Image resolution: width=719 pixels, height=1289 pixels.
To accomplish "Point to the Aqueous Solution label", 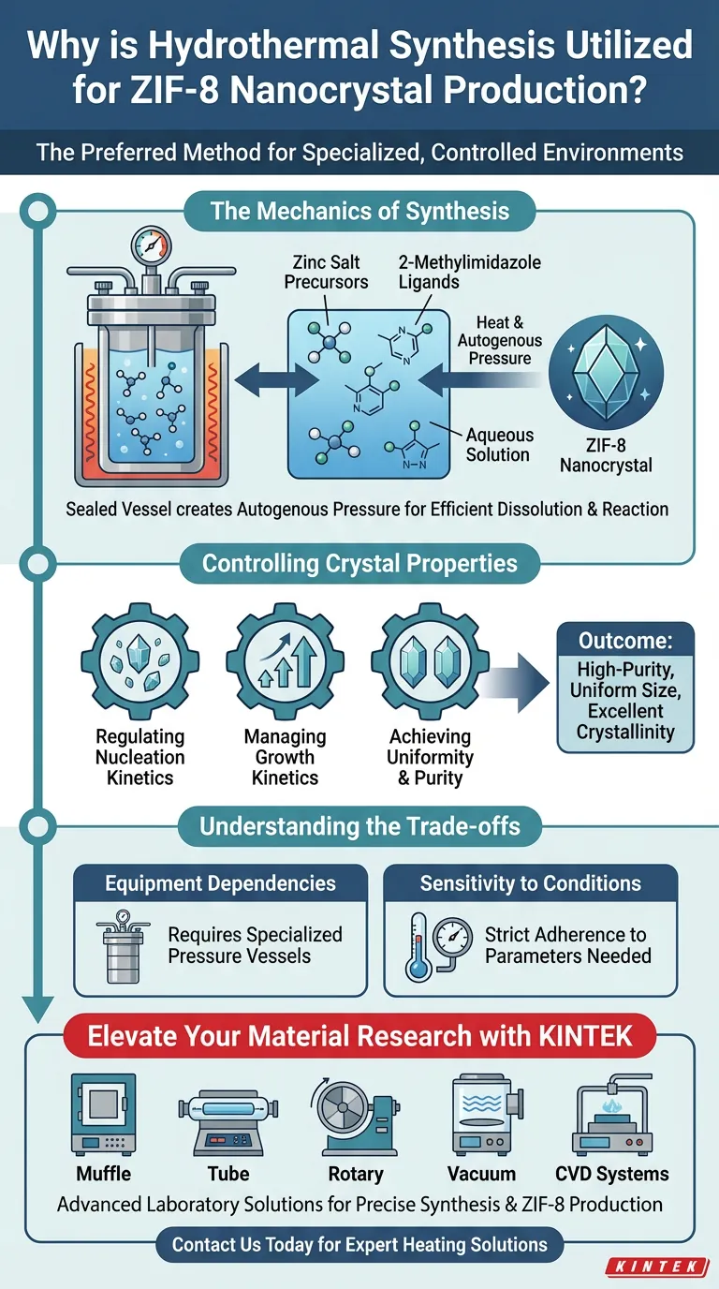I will coord(499,445).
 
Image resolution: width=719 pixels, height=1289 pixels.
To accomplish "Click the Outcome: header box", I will coord(625,642).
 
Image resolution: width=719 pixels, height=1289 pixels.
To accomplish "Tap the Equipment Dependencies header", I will coord(220,883).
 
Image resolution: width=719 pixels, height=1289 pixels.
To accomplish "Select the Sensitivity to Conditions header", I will coord(531,883).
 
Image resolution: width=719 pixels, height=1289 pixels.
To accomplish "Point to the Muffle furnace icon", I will coord(103,1116).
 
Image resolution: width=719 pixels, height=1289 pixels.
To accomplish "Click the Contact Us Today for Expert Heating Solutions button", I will coord(359,1245).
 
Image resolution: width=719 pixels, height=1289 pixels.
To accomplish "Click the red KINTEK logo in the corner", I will coord(656,1267).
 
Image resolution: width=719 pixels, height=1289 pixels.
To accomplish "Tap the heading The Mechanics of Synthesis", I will coord(359,210).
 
